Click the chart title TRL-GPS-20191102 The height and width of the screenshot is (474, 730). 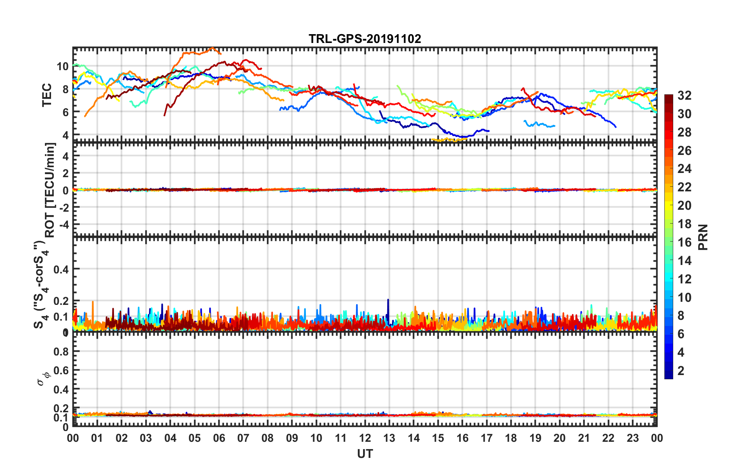coord(365,39)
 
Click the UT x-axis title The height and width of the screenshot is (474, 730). coord(365,454)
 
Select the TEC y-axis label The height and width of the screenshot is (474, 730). coord(47,95)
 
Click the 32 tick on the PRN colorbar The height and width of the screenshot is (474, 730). coord(684,95)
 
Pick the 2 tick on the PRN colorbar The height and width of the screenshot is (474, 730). coord(681,371)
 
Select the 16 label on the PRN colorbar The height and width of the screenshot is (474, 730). coord(684,242)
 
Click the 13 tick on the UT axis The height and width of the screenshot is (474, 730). coord(389,438)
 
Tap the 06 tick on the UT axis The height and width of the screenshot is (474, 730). coord(219,438)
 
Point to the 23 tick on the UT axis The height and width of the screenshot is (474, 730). coord(633,438)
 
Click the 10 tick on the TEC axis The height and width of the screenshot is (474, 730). coord(63,66)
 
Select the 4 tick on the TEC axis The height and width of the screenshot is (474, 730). coord(65,135)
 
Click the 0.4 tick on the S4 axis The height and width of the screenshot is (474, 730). coord(61,269)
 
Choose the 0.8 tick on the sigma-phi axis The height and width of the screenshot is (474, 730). coord(61,351)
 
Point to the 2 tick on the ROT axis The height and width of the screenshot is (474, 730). coord(65,173)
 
